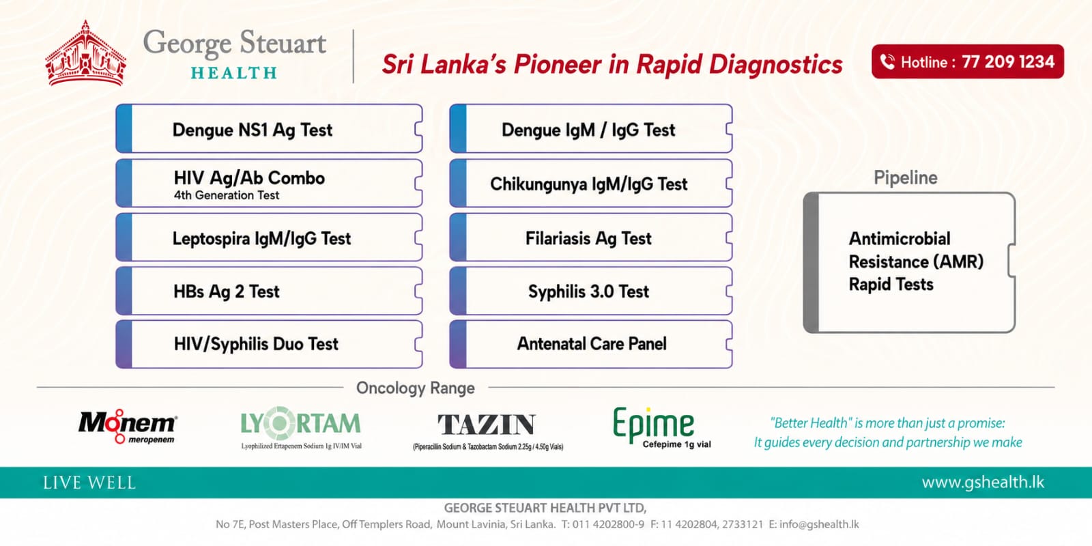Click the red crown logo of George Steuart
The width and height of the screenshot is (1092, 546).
[x=85, y=54]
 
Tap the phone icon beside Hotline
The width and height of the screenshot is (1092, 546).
[x=888, y=62]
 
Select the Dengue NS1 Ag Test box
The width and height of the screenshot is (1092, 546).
[x=269, y=129]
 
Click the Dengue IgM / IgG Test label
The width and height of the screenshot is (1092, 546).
[x=588, y=130]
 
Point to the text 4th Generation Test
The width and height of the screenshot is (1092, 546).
[x=226, y=195]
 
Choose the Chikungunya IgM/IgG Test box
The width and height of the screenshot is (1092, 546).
[x=591, y=184]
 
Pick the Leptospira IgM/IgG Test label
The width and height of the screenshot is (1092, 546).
[x=262, y=239]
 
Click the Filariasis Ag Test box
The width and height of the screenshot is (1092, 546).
[x=591, y=238]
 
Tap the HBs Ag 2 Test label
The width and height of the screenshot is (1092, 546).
[x=227, y=291]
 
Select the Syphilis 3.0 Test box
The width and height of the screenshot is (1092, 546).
[x=591, y=291]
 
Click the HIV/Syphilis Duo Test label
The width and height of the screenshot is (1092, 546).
[x=256, y=344]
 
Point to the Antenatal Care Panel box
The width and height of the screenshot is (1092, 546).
[x=591, y=344]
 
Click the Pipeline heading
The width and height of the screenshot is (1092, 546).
[x=905, y=178]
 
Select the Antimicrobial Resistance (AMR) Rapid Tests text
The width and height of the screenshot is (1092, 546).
[x=916, y=261]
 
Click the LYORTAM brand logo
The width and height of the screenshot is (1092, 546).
[x=301, y=427]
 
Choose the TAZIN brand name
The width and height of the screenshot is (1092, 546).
[x=487, y=424]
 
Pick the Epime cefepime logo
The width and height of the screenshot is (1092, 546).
[x=661, y=427]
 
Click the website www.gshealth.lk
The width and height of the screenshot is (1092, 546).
[x=983, y=482]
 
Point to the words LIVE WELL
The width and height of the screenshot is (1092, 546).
[x=89, y=483]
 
